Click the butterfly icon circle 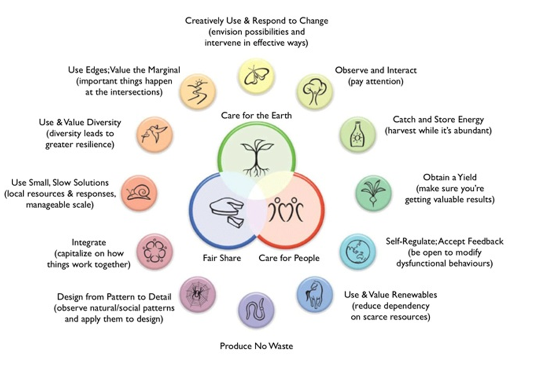tap(255, 76)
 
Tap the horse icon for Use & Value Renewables tap(314, 295)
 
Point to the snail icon tap(139, 193)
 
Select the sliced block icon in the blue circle tap(225, 211)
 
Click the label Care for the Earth tap(256, 115)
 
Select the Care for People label tap(289, 258)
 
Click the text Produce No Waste tap(256, 346)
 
